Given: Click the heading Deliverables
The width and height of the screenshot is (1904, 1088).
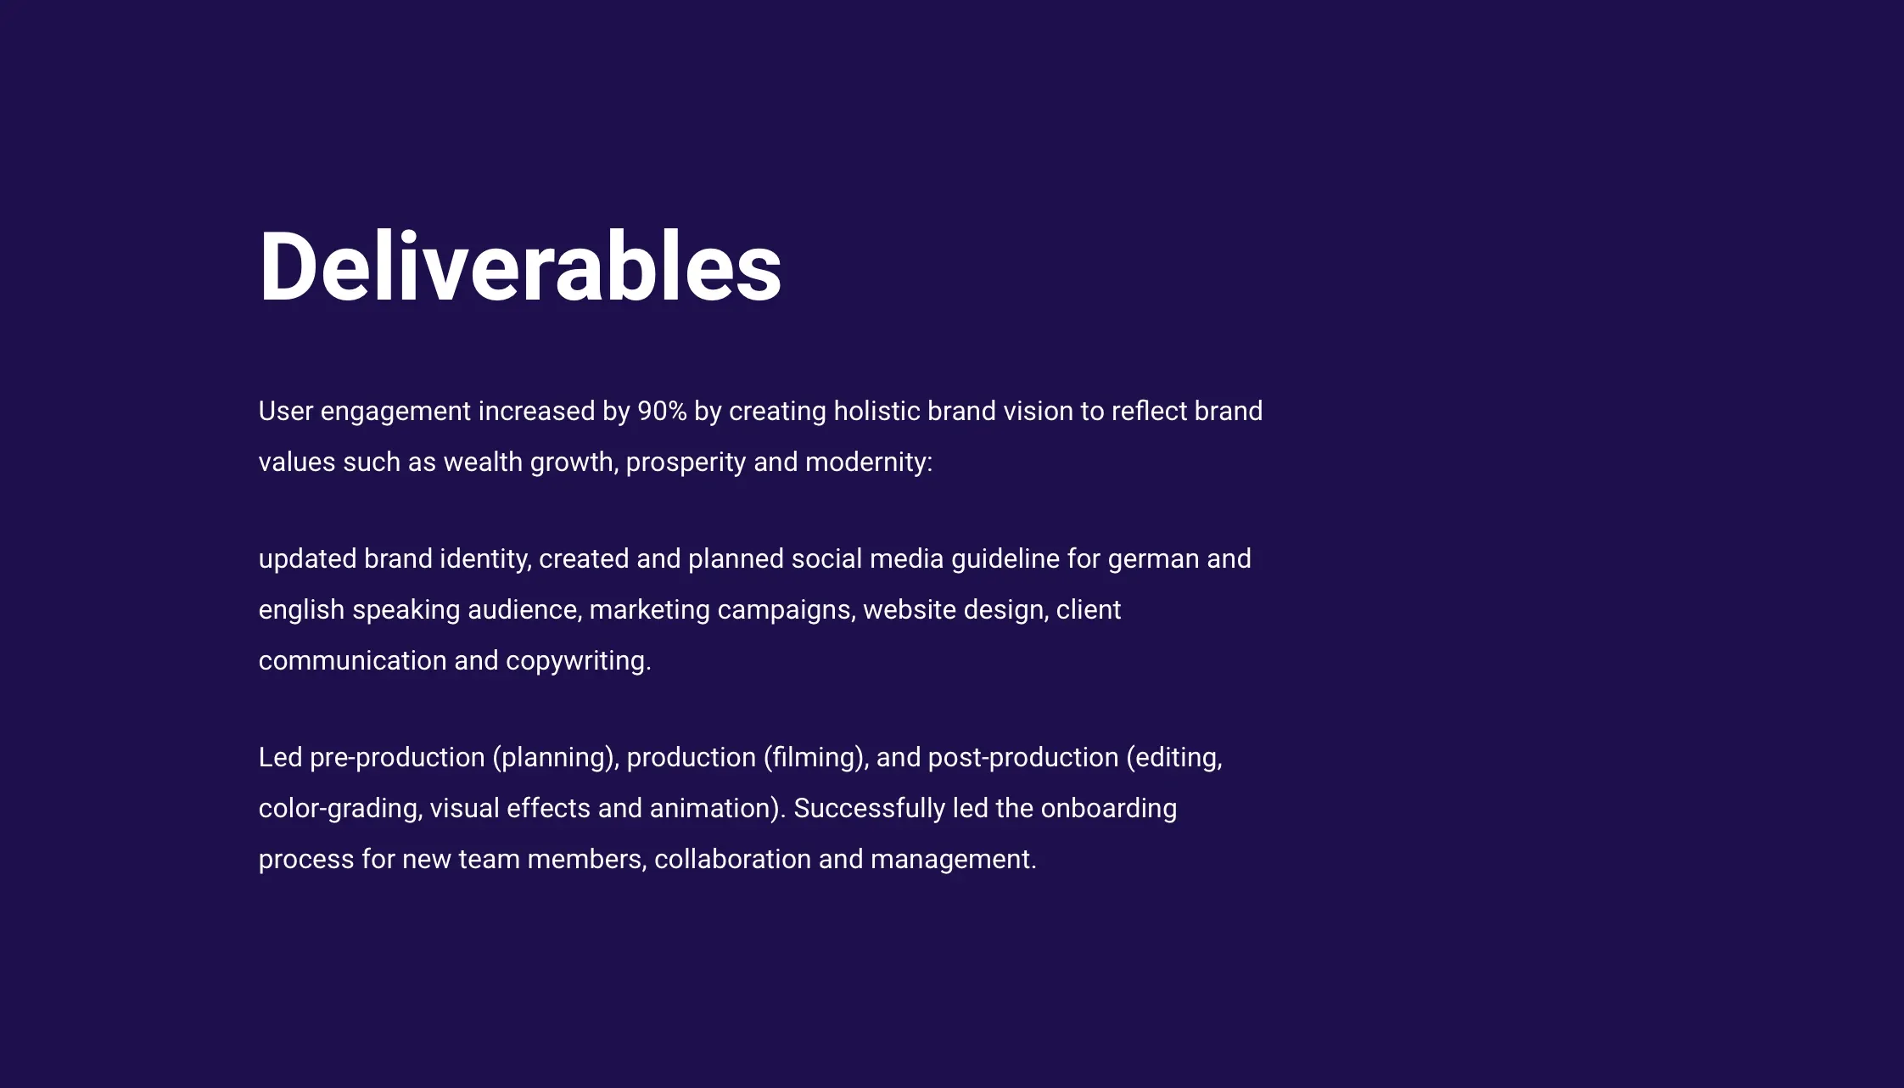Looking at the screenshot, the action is (x=520, y=266).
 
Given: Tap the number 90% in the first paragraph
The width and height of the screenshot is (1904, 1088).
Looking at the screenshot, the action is (x=662, y=411).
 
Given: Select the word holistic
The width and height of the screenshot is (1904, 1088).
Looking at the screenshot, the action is (x=876, y=411).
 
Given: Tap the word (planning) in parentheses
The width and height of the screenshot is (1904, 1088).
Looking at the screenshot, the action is (x=556, y=758).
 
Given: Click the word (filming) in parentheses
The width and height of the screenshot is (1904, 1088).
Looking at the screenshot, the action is (x=815, y=758).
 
